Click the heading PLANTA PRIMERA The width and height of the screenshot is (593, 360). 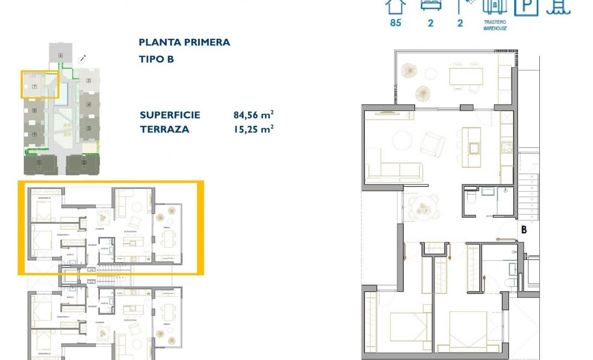[x=184, y=42]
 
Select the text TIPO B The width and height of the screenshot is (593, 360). [x=156, y=59]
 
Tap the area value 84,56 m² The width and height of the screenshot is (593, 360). [x=253, y=115]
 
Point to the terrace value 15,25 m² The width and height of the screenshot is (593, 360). [x=253, y=129]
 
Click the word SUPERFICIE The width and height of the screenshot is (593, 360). [x=170, y=115]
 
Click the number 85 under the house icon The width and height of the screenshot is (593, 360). [x=395, y=23]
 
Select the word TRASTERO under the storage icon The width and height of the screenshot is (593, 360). [x=494, y=22]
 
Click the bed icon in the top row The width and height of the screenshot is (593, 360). [x=429, y=6]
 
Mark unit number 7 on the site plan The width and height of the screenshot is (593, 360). [x=34, y=86]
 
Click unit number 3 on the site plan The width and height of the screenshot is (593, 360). [x=89, y=128]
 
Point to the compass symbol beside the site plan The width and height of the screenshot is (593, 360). [x=83, y=58]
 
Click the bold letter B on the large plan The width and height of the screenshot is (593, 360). [x=523, y=229]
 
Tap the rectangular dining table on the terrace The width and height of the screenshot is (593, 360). [x=466, y=76]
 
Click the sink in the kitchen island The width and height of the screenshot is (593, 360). [x=474, y=147]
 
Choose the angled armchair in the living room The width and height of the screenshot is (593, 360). [x=432, y=144]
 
